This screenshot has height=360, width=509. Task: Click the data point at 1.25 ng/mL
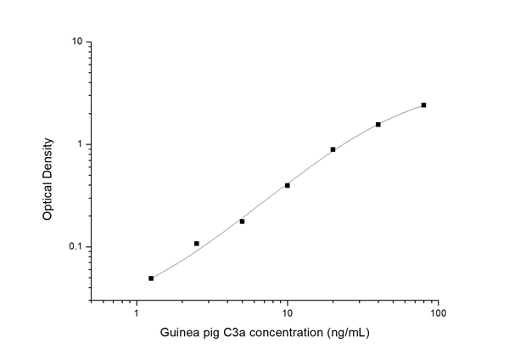pos(151,278)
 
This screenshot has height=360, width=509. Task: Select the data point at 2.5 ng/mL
pos(197,244)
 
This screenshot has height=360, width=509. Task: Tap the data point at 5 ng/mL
pos(242,222)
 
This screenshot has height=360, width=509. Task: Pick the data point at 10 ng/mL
pos(288,185)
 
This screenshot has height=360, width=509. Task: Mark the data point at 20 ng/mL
pos(333,149)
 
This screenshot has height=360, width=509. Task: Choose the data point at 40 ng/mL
pos(378,125)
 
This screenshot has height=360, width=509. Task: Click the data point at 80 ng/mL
pos(423,105)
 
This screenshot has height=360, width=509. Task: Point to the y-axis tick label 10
pos(76,42)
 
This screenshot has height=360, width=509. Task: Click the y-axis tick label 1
pos(79,144)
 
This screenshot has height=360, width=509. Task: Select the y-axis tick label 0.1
pos(76,247)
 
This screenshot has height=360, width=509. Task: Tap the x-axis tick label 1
pos(137,313)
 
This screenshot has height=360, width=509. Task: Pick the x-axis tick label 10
pos(288,313)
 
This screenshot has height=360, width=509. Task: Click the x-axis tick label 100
pos(438,313)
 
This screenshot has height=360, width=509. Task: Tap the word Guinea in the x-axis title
pos(181,335)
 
